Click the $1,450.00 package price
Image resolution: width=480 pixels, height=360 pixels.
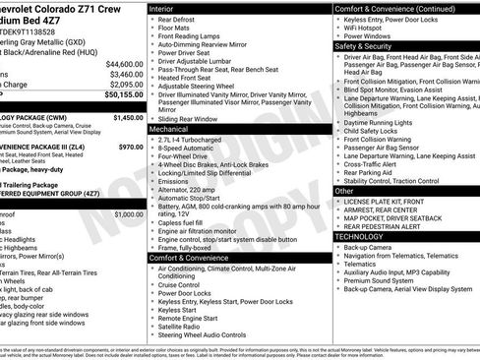click(x=128, y=117)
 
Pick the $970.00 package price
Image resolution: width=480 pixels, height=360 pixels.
click(x=131, y=146)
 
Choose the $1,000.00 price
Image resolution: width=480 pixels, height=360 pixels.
click(x=128, y=213)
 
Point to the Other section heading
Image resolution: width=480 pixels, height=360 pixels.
click(x=346, y=190)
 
